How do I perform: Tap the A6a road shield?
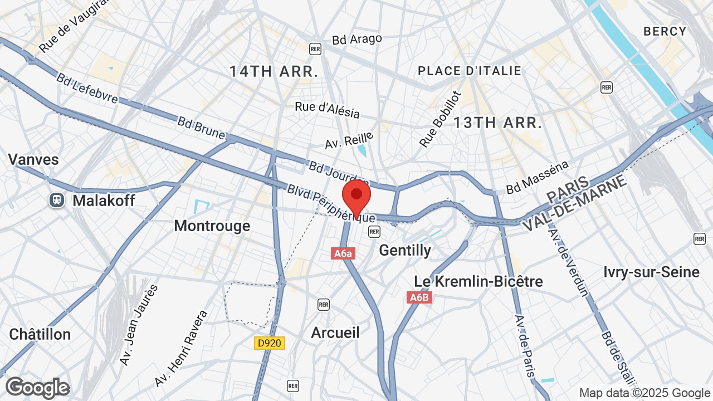click(x=343, y=253)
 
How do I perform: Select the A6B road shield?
click(x=419, y=297)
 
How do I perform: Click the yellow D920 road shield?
click(x=270, y=343)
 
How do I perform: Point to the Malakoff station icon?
click(x=57, y=200)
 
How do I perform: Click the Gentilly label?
click(x=405, y=251)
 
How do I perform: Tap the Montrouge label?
click(x=212, y=226)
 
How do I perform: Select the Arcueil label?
click(x=335, y=332)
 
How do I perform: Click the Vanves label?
click(x=33, y=159)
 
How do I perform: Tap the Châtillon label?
click(x=40, y=334)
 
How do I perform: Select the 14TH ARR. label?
click(x=274, y=71)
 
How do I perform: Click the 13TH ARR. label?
click(x=497, y=123)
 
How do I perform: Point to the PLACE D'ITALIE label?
click(x=470, y=71)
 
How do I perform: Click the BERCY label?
click(x=665, y=31)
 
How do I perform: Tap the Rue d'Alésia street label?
click(x=328, y=109)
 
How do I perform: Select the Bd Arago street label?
click(x=357, y=39)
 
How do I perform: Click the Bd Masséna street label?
click(x=537, y=178)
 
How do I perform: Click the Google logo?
click(x=37, y=388)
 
